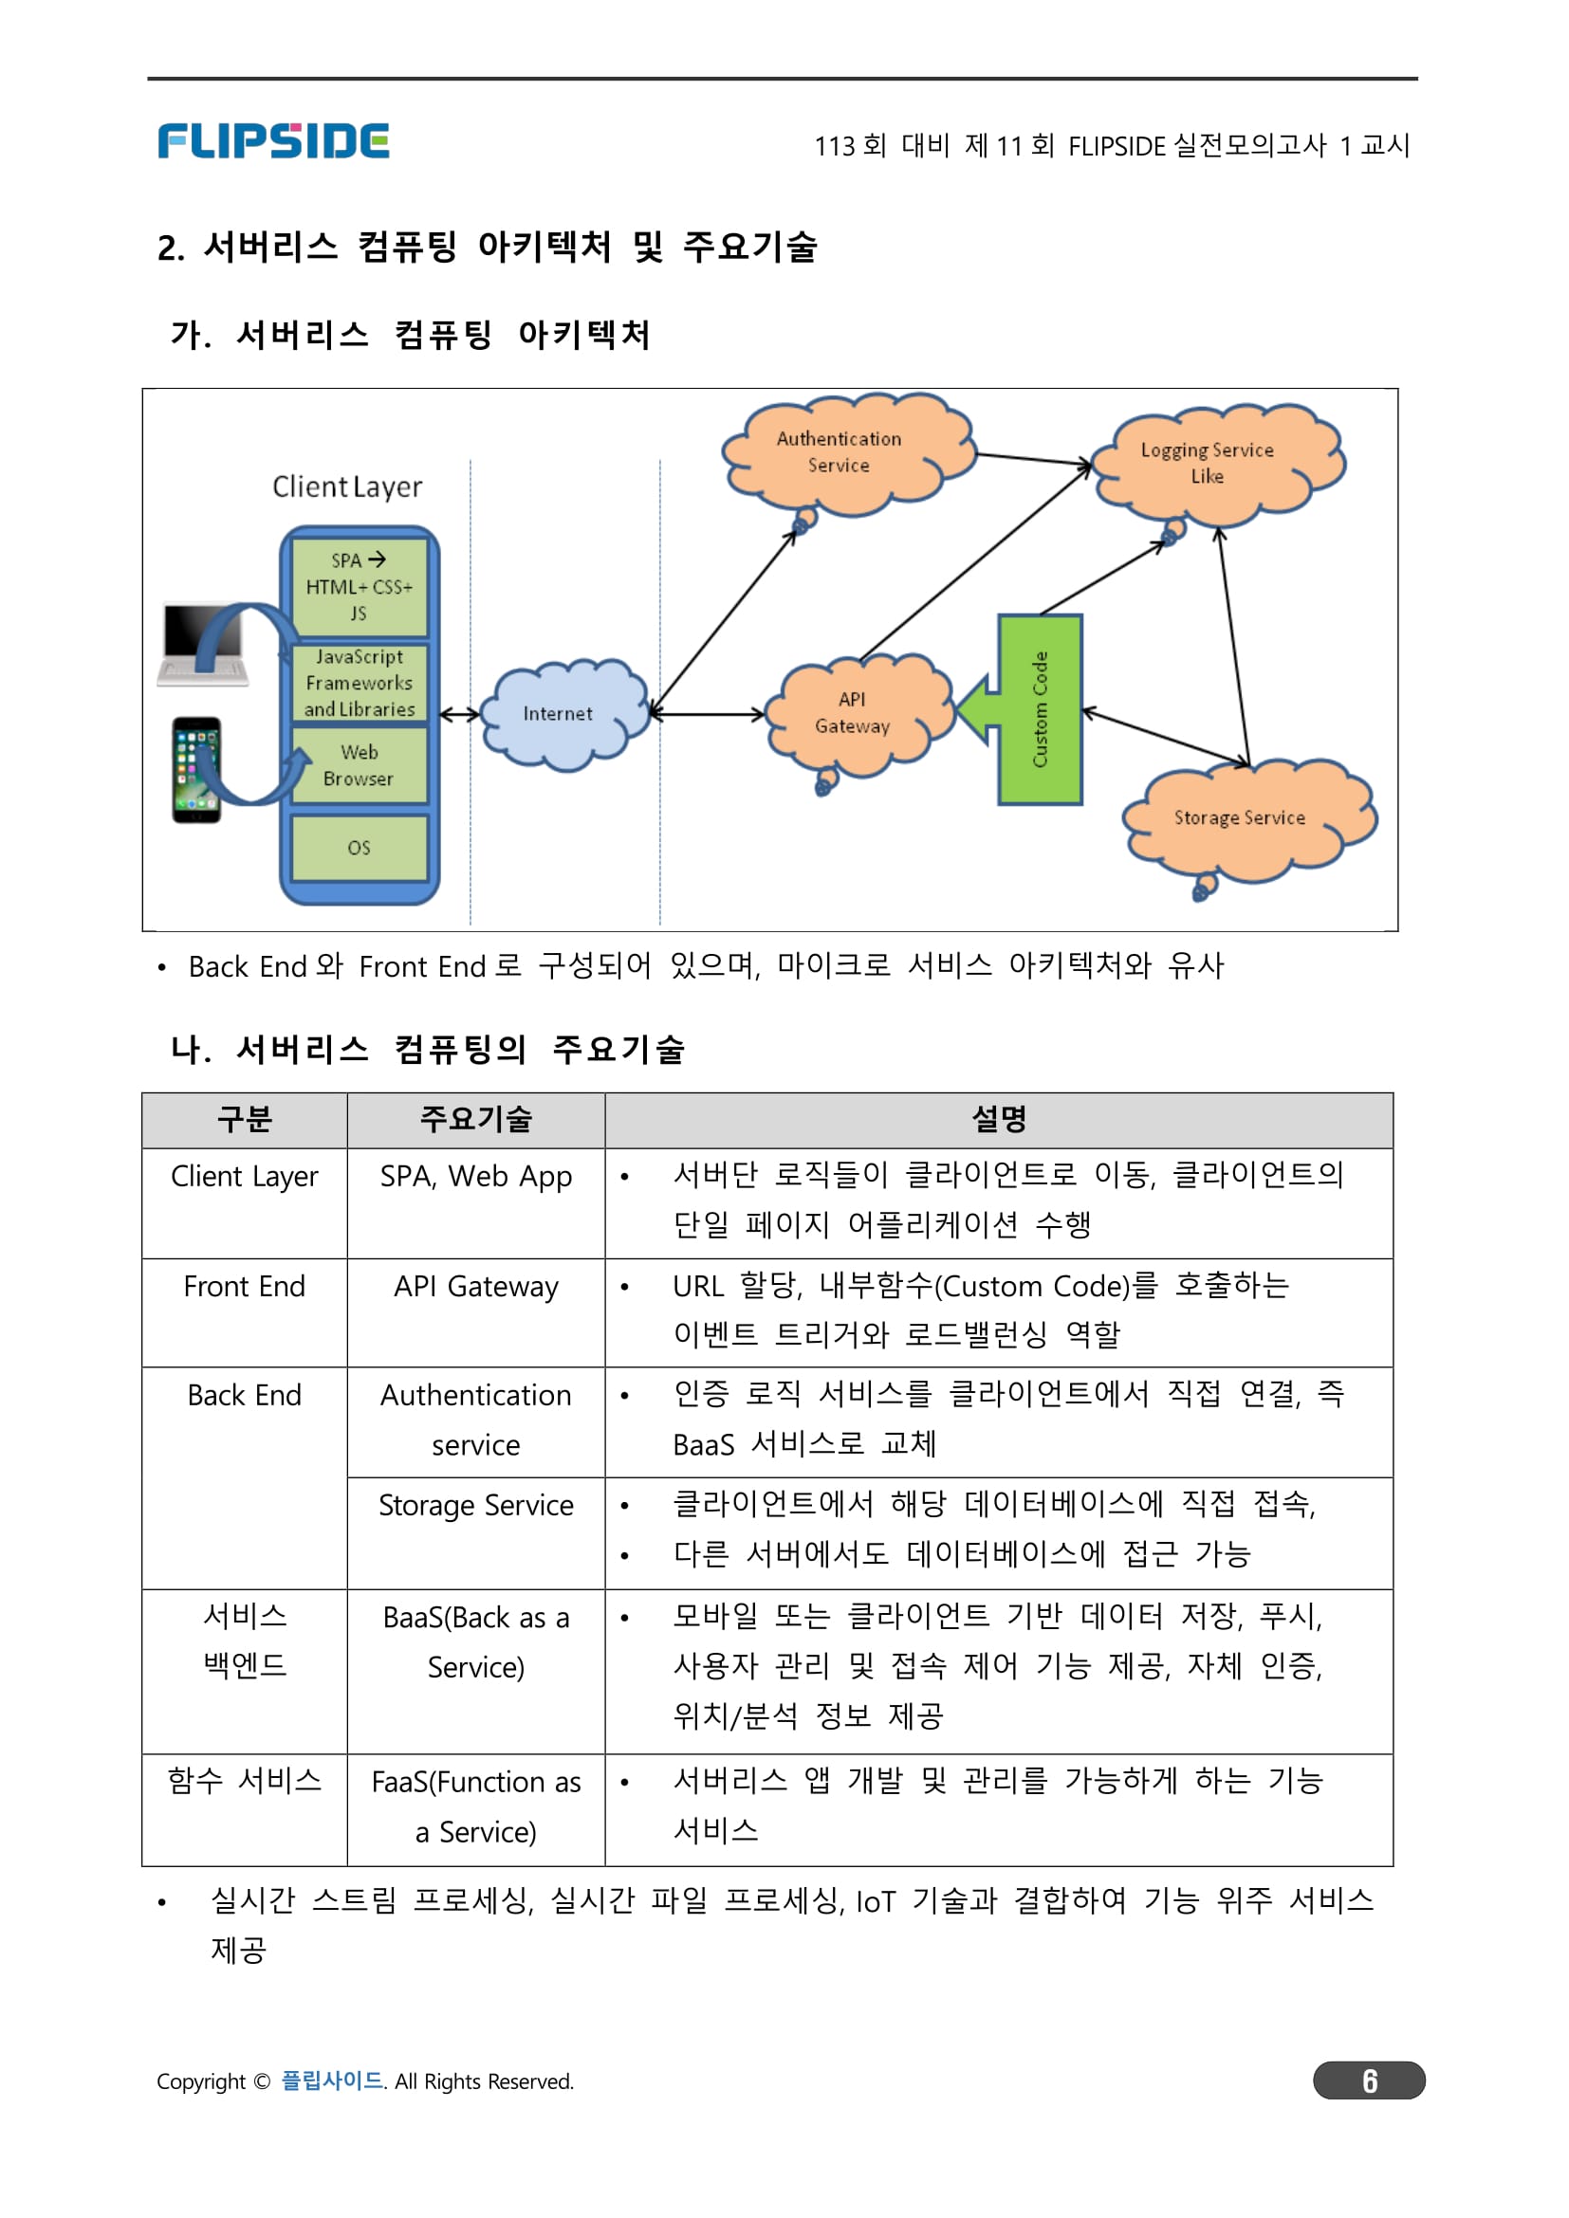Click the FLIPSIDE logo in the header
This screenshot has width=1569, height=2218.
click(273, 141)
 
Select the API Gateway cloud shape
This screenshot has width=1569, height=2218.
click(853, 714)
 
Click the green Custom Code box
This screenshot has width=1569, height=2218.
click(1041, 709)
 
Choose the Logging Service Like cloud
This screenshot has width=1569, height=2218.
click(1209, 464)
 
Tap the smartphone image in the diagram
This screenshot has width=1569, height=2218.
click(196, 770)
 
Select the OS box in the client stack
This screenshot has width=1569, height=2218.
click(360, 848)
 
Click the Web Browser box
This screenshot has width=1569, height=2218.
click(360, 765)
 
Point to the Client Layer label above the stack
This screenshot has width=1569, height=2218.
click(348, 486)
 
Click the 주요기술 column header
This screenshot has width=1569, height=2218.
click(475, 1120)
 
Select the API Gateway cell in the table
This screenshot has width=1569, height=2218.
click(475, 1287)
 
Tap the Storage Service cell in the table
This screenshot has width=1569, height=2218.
click(475, 1506)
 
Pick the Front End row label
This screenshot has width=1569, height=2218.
click(245, 1287)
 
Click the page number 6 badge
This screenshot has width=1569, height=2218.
click(1369, 2080)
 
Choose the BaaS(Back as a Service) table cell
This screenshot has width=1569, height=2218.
click(475, 1642)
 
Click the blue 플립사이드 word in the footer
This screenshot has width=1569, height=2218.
click(331, 2080)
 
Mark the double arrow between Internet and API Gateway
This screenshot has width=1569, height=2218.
click(709, 715)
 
